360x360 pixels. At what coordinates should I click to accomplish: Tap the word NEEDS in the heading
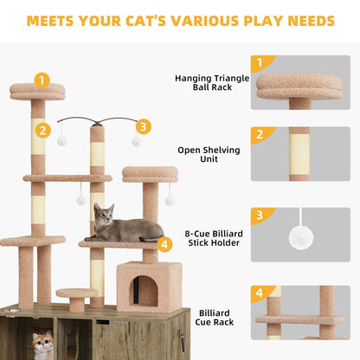306,20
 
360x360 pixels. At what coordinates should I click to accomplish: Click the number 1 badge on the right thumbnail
259,63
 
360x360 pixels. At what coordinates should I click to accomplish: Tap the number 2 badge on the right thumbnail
259,135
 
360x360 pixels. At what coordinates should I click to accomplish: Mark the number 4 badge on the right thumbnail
259,293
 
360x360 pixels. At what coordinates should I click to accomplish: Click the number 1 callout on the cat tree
42,80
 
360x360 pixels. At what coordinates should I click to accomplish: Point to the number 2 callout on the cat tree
41,132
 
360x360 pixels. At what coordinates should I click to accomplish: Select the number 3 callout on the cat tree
143,126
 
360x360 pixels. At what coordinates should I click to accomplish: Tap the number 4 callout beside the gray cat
164,244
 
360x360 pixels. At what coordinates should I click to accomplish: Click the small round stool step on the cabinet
76,297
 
